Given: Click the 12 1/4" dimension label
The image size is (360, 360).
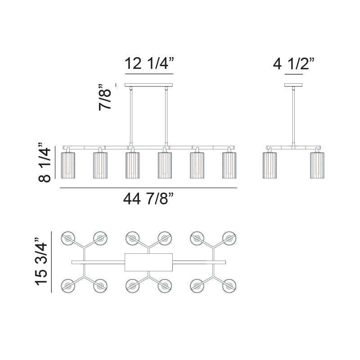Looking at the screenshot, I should click(x=148, y=63).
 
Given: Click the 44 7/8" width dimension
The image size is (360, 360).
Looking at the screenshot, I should click(x=148, y=198).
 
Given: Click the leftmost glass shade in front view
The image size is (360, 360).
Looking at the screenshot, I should click(x=67, y=165).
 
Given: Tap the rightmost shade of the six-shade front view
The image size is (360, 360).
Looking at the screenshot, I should click(x=229, y=165).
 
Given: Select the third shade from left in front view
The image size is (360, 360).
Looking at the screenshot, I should click(x=132, y=165).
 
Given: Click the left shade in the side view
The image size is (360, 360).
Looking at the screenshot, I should click(x=270, y=165).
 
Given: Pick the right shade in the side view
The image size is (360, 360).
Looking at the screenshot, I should click(x=317, y=165).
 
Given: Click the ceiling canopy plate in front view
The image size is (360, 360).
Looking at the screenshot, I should click(x=148, y=85).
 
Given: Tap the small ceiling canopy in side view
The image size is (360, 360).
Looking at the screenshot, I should click(x=293, y=85).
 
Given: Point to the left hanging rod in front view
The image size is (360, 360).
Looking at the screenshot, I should click(x=131, y=117).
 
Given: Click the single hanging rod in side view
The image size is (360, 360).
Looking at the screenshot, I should click(x=293, y=117).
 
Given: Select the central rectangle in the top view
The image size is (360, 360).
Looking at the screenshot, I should click(x=148, y=262).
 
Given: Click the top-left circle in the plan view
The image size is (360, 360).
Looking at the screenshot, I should click(x=68, y=238).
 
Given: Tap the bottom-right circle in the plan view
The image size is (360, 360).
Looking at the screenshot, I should click(x=229, y=285).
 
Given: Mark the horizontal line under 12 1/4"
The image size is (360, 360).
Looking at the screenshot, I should click(x=148, y=73).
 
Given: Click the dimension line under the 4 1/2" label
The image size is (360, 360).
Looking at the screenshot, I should click(x=293, y=73).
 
